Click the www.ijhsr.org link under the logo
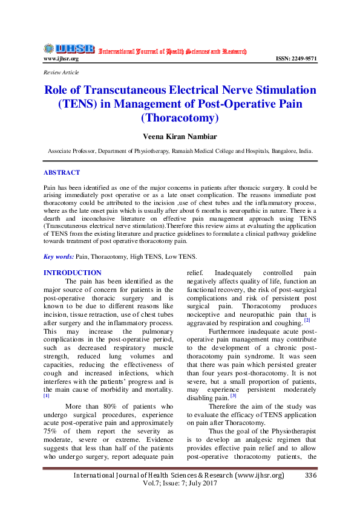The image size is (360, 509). (x=61, y=59)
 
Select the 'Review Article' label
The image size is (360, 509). (x=61, y=73)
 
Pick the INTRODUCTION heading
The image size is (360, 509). (x=73, y=273)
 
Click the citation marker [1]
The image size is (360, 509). (x=46, y=395)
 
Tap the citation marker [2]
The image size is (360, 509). (x=307, y=320)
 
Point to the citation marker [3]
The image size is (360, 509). (x=232, y=396)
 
